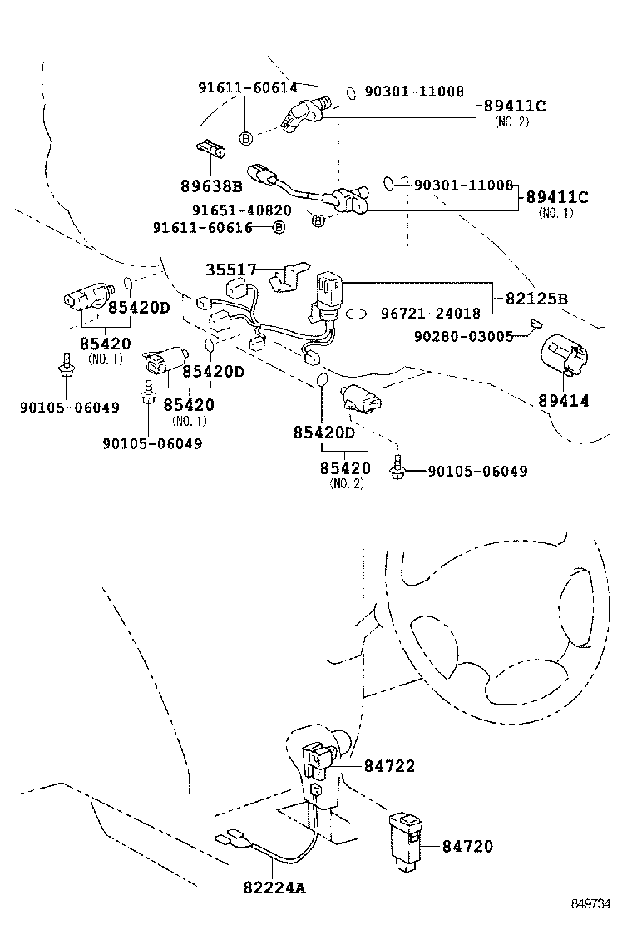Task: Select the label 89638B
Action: click(211, 185)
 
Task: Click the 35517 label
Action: click(233, 270)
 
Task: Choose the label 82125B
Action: click(538, 299)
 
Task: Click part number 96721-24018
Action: click(430, 314)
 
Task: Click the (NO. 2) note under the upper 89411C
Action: click(511, 121)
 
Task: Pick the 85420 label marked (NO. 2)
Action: click(345, 468)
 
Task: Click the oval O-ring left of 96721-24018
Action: click(357, 314)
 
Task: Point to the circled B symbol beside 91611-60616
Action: click(279, 227)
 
